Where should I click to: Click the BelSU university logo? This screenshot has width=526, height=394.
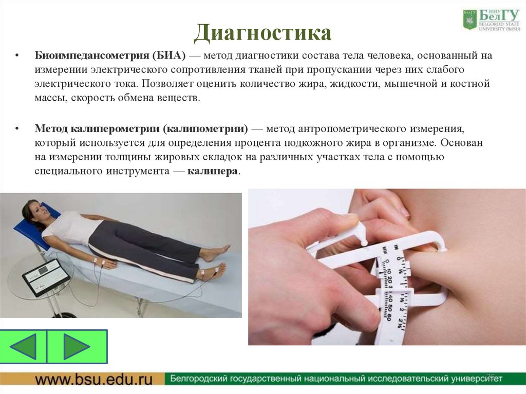point(491,20)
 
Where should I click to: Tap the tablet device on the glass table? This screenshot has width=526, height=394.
point(46,276)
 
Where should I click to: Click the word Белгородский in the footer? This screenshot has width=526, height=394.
point(201,379)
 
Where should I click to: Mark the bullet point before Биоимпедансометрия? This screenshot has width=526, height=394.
point(17,55)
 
